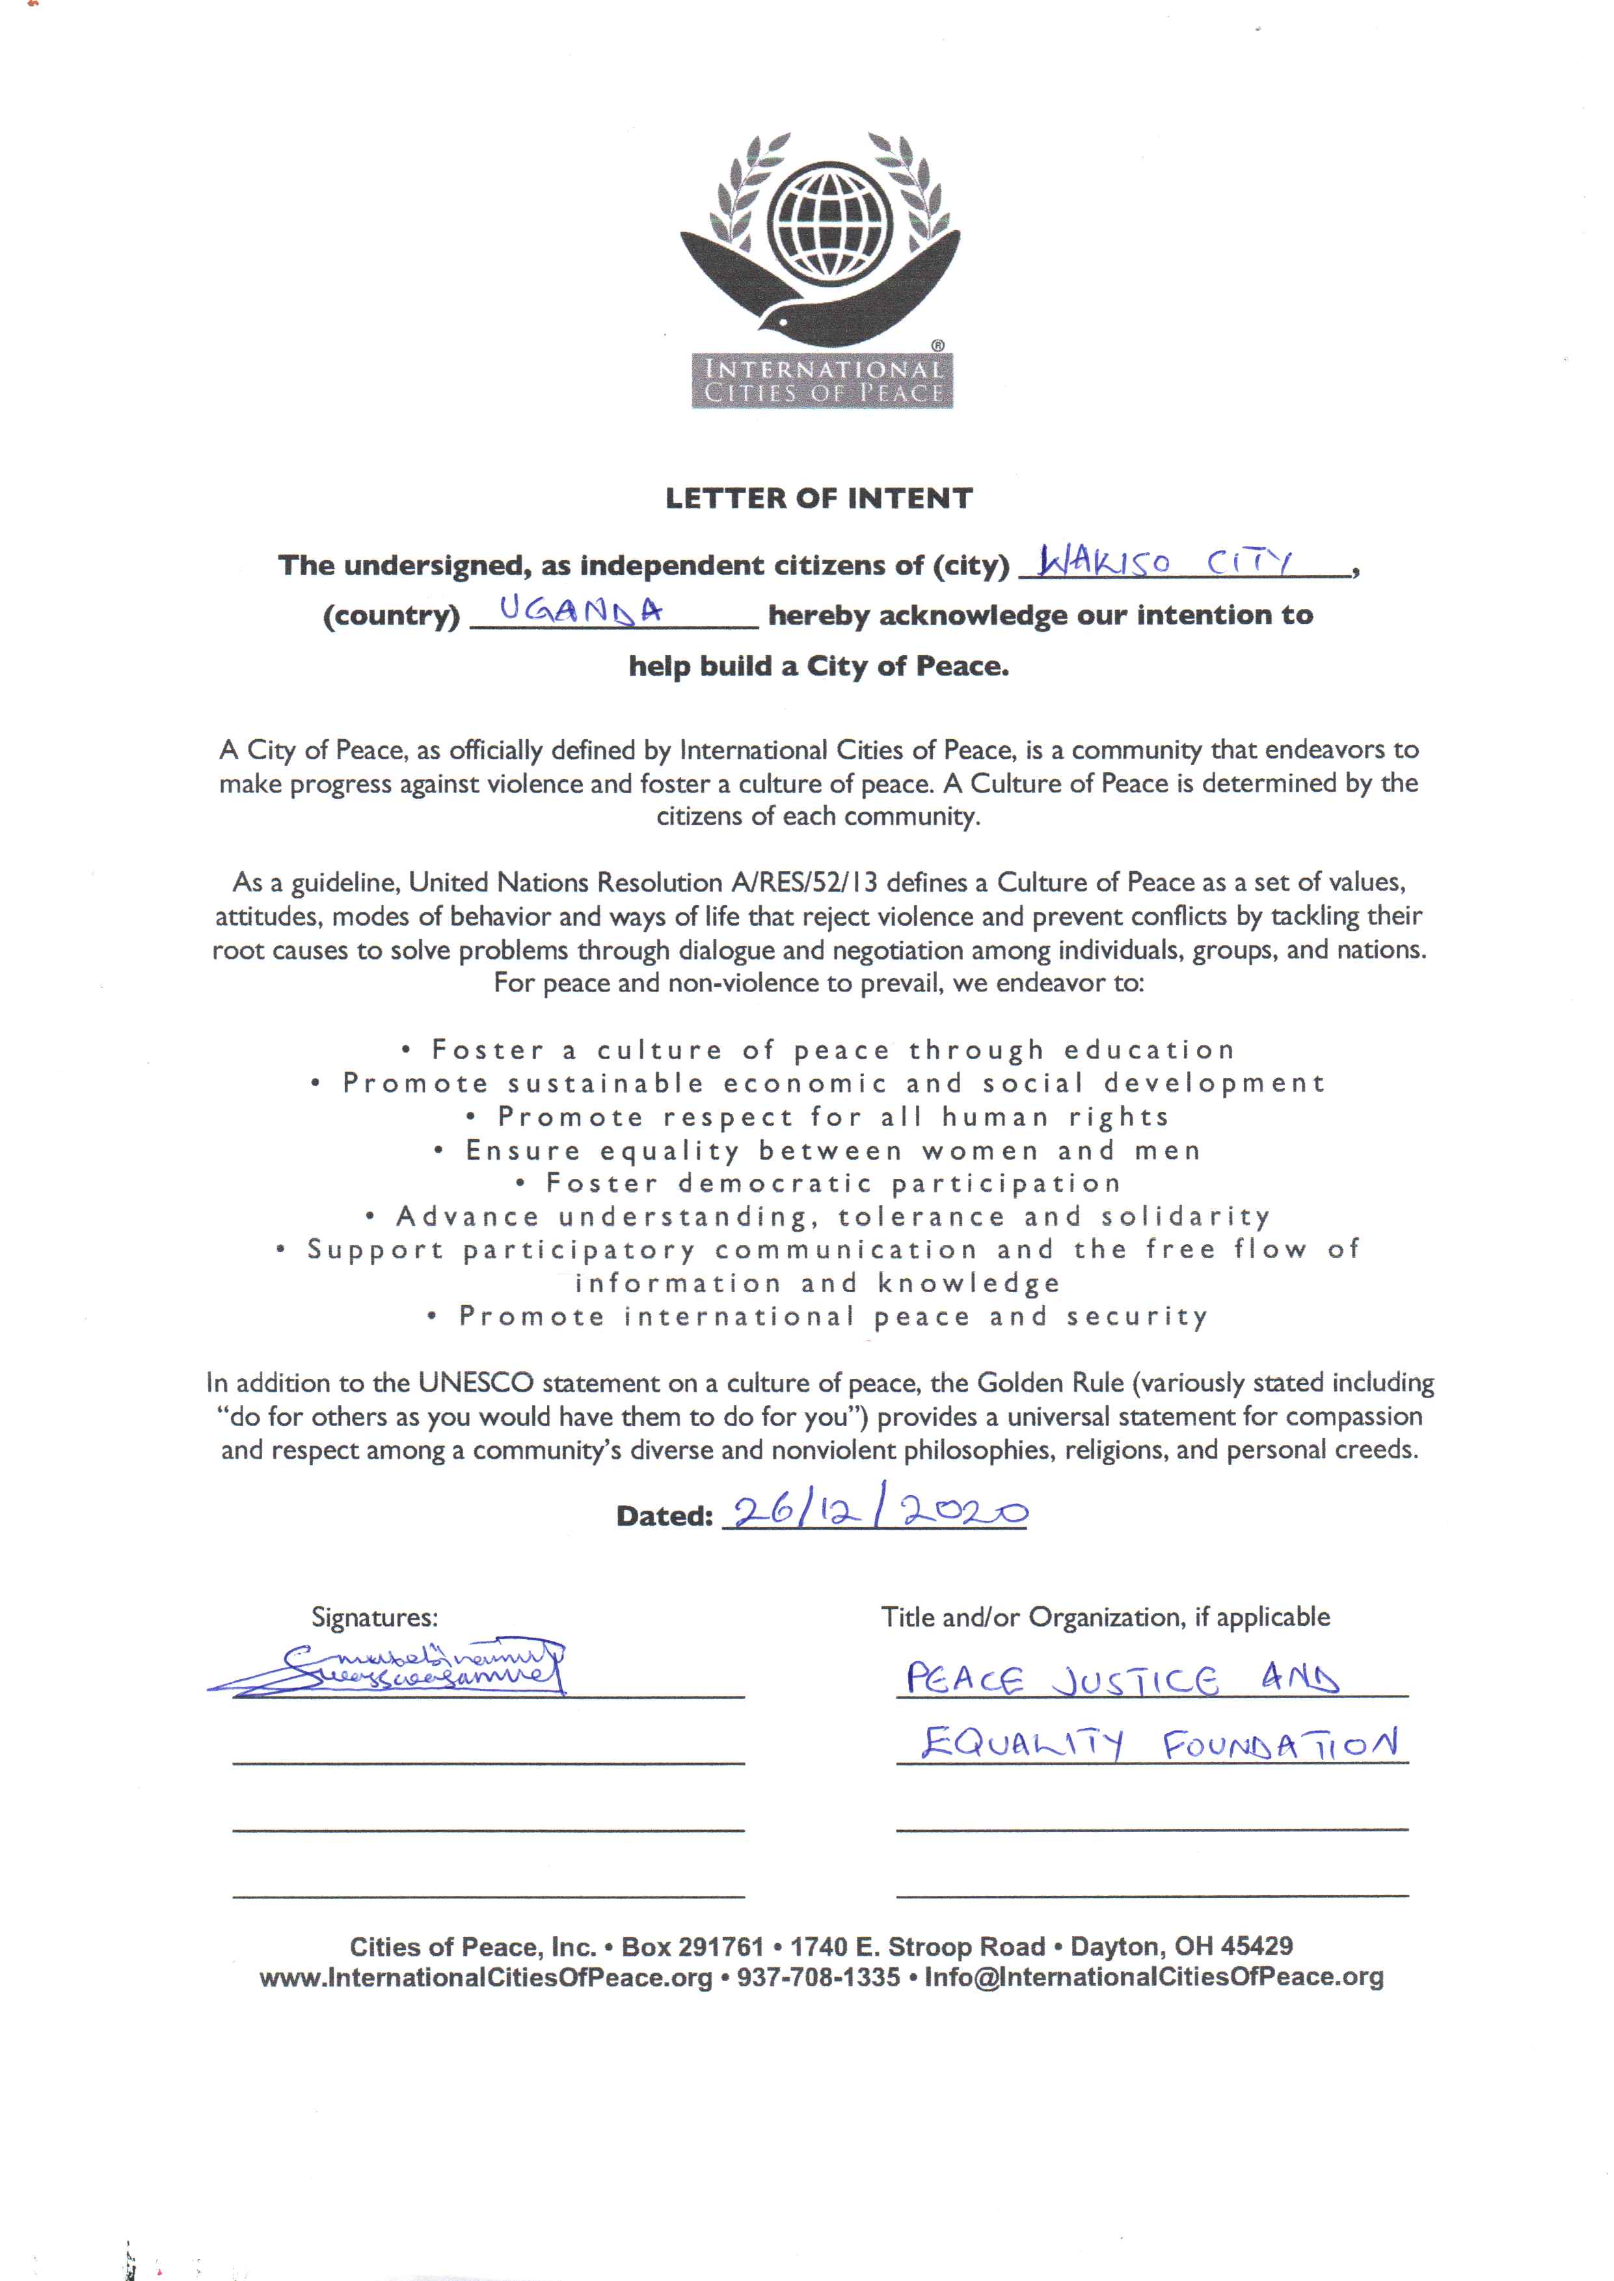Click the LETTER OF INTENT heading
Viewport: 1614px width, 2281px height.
click(819, 498)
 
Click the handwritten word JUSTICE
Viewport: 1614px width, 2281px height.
click(1134, 1680)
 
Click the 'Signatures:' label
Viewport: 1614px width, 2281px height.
click(375, 1617)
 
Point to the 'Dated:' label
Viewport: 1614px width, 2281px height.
click(665, 1516)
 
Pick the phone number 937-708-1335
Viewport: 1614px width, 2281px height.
click(818, 1977)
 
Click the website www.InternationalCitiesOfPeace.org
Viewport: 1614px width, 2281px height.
click(486, 1977)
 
